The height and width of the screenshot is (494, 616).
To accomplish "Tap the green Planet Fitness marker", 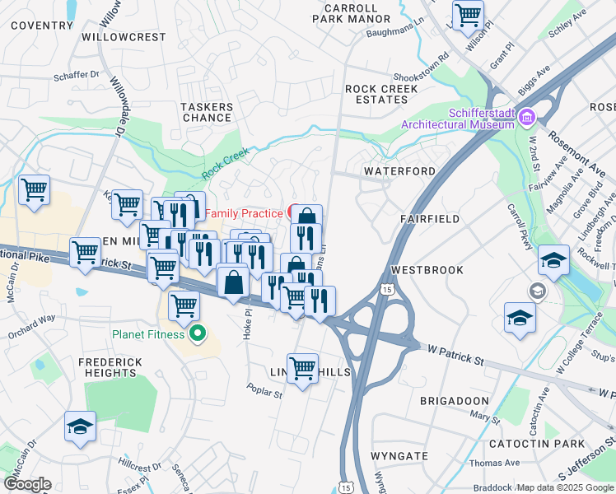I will (197, 334).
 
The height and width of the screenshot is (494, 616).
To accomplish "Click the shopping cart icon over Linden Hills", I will (302, 367).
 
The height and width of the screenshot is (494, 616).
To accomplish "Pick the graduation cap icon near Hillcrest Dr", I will (81, 426).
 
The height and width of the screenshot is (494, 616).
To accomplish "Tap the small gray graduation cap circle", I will (538, 291).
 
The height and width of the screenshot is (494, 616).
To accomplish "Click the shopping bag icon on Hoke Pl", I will (234, 282).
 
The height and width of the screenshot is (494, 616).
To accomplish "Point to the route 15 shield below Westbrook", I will (387, 290).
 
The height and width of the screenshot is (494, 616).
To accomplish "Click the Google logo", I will (27, 484).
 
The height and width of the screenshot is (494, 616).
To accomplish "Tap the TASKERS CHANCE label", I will (206, 112).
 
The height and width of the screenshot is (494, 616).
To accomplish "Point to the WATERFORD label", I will (400, 171).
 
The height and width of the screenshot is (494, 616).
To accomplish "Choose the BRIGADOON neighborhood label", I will (455, 399).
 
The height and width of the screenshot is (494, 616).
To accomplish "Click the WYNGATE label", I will (399, 455).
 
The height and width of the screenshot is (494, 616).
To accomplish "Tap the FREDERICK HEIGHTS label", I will (110, 367).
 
